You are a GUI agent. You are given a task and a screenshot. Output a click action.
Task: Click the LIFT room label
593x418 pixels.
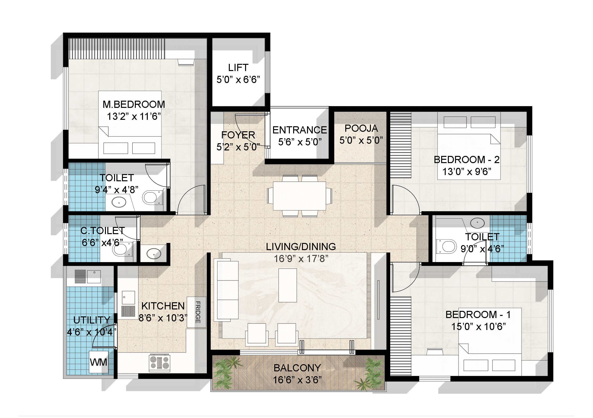click(238, 68)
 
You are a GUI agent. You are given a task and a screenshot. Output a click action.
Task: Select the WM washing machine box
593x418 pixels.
click(99, 362)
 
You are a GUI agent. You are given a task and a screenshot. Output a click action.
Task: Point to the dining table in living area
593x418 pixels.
click(299, 196)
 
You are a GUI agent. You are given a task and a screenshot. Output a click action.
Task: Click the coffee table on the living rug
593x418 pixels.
click(287, 285)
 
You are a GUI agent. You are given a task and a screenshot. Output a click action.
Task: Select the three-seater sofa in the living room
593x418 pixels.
click(228, 291)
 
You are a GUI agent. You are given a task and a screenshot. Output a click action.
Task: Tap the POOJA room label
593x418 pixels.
click(361, 128)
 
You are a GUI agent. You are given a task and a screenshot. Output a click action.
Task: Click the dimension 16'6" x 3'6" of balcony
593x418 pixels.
click(297, 380)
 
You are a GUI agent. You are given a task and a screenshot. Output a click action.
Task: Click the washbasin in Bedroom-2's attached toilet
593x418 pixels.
click(477, 223)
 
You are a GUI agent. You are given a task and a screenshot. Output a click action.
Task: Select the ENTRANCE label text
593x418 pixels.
click(300, 130)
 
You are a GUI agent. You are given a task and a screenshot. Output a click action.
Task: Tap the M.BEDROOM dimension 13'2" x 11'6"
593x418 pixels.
click(134, 116)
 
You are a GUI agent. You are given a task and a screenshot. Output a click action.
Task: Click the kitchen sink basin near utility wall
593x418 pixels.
click(128, 298)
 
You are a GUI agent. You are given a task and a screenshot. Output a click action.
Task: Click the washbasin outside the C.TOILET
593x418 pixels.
click(154, 253)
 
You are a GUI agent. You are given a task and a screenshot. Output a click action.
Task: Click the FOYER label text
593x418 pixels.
click(238, 135)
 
